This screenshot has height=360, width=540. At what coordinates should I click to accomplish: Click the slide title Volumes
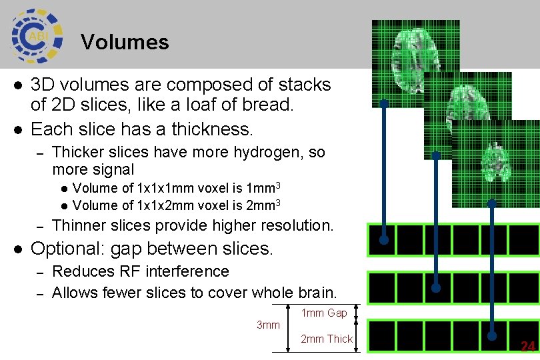[x=125, y=42]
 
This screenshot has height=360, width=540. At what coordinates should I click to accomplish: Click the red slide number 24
[x=527, y=347]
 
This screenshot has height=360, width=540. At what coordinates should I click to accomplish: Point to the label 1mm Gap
[x=324, y=313]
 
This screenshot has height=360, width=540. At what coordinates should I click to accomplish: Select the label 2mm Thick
[x=327, y=339]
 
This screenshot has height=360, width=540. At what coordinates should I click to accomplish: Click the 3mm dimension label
[x=268, y=325]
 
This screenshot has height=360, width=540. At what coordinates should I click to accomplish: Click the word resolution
[x=297, y=225]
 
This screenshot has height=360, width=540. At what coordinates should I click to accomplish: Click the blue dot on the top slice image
[x=384, y=103]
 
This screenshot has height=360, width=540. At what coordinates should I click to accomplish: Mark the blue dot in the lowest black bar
[x=493, y=335]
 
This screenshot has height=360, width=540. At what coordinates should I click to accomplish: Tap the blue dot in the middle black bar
[x=435, y=288]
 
